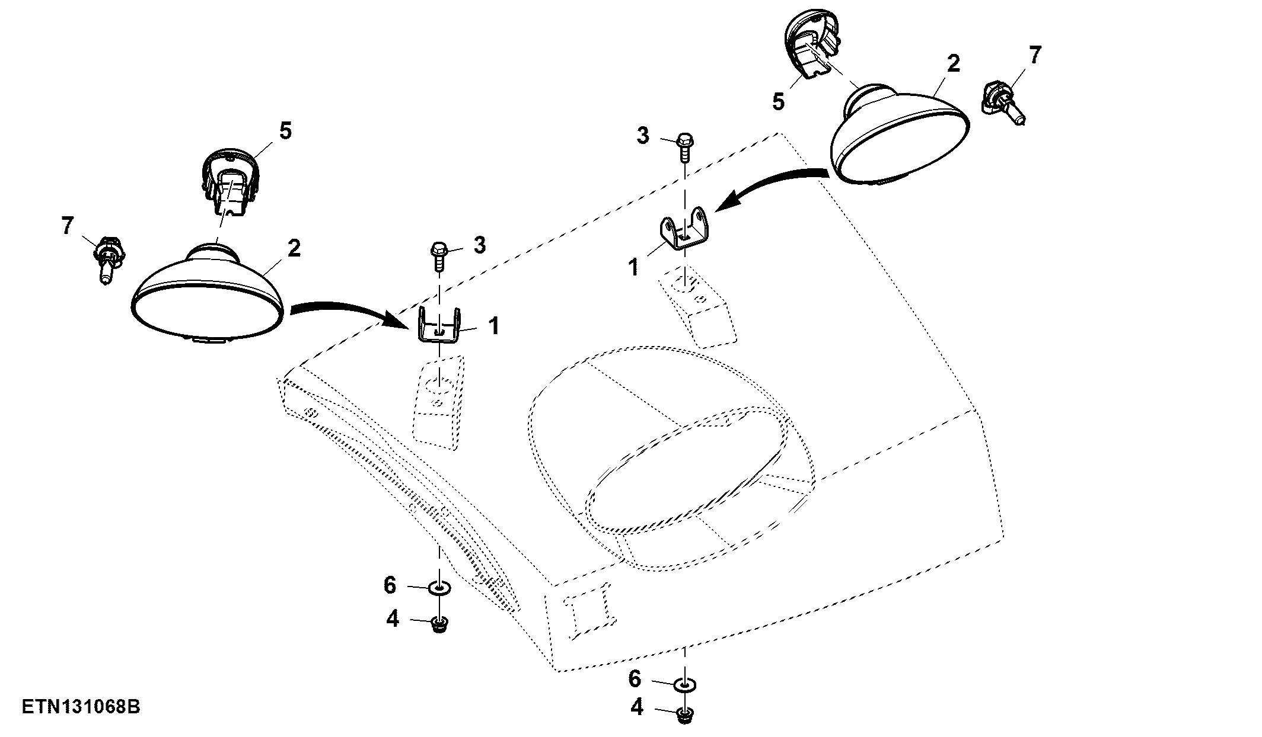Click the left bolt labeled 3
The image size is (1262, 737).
coord(439,256)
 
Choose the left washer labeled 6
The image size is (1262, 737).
coord(439,588)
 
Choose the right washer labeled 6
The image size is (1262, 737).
coord(686,685)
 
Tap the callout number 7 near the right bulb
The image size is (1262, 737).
coord(1035,56)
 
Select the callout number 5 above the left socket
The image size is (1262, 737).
coord(285,131)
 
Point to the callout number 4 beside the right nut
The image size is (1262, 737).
coord(637,707)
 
